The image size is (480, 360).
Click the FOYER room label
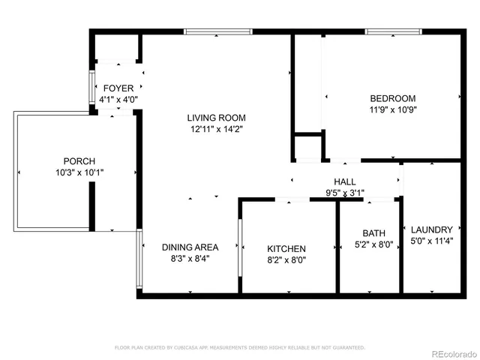pos(118,88)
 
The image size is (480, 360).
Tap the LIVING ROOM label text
pos(217,118)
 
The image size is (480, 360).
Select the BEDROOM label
pos(392,98)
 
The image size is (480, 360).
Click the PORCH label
pos(79,161)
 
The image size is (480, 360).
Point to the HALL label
pos(345,181)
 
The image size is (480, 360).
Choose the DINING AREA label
pos(190,247)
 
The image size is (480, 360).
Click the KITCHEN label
pos(286,249)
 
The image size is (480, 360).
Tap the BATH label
pos(373,233)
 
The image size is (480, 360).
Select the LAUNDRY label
pos(432,229)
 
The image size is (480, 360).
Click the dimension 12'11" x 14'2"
pos(217,129)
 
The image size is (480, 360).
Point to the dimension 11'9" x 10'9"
pos(392,109)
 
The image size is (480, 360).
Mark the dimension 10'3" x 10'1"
pos(79,172)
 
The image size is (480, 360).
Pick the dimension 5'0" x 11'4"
pos(432,241)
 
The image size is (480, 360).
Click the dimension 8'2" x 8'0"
pos(286,260)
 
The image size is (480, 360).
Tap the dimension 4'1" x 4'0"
pos(118,99)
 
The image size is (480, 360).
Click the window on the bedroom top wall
pos(391,31)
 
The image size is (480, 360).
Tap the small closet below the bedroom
pos(307,147)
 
